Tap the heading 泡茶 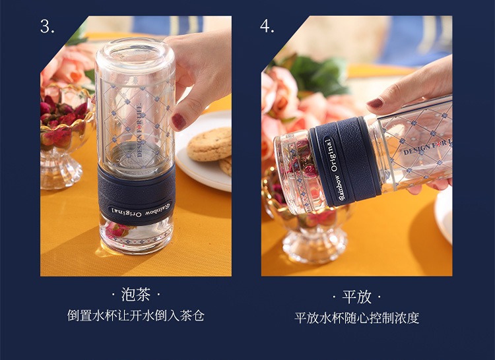(x=135, y=295)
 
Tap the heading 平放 (x=356, y=297)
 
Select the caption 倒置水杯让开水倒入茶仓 (x=136, y=316)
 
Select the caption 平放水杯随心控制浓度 (x=356, y=318)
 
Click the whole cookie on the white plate (x=210, y=144)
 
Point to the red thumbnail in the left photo (x=179, y=122)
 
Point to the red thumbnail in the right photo (x=375, y=103)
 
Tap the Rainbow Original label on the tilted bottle (x=335, y=169)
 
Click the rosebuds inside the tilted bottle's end (x=299, y=167)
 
